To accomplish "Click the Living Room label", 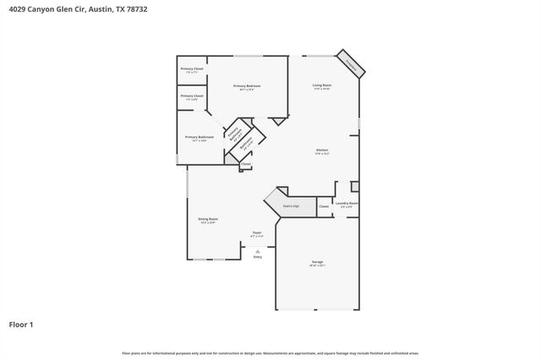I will coord(321,85).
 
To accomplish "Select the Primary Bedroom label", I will coord(247,86).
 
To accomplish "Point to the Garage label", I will coord(317,262).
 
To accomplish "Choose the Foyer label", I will coord(256,232).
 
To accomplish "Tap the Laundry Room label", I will coord(347,203).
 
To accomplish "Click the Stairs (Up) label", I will coord(290,205).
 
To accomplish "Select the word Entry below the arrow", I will coord(257,256).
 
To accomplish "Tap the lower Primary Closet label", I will coord(192,95).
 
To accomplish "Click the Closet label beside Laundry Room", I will coord(324,206).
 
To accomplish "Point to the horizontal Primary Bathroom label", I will coord(199,137).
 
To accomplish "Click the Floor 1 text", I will coord(21,324).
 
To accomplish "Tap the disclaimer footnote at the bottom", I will coord(270,353).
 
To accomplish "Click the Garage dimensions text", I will coord(317,266).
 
